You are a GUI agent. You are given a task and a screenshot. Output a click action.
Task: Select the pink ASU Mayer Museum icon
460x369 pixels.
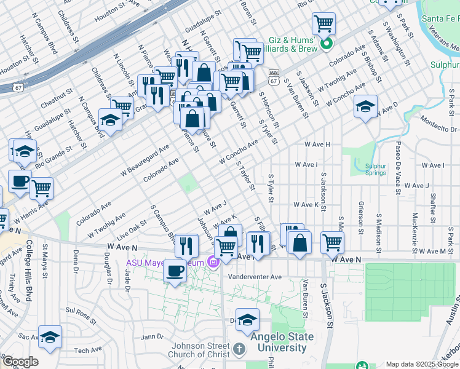click(213, 263)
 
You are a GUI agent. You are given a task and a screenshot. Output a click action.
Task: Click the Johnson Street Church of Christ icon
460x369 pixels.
click(240, 349)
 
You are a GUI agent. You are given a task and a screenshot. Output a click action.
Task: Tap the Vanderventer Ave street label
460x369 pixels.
click(255, 277)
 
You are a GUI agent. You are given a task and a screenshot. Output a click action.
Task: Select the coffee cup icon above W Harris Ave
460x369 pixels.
click(20, 181)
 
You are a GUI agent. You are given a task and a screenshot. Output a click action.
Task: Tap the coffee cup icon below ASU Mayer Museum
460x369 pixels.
click(175, 271)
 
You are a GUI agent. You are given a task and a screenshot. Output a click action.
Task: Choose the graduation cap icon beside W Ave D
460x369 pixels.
click(365, 106)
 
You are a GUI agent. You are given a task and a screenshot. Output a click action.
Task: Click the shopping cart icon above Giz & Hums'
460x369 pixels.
click(323, 24)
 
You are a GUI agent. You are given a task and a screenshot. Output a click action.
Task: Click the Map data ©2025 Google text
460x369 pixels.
click(422, 364)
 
